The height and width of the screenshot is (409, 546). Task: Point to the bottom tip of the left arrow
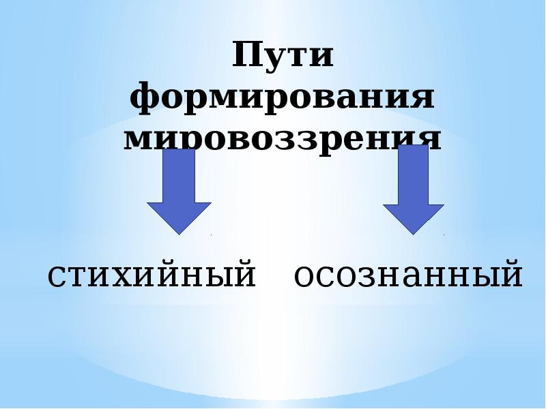(179, 234)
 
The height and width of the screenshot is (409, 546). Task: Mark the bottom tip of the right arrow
(414, 234)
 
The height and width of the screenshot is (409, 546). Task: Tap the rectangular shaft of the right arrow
(414, 174)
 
